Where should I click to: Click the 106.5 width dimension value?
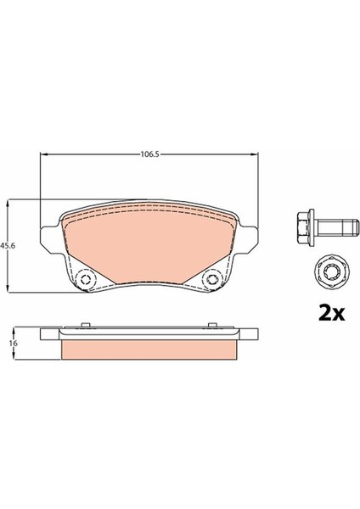click(x=149, y=154)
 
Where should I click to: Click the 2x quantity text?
click(x=331, y=313)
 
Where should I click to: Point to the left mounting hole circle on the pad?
click(x=86, y=279)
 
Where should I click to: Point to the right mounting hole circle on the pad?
click(x=212, y=279)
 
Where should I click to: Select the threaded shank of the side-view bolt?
click(x=338, y=227)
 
